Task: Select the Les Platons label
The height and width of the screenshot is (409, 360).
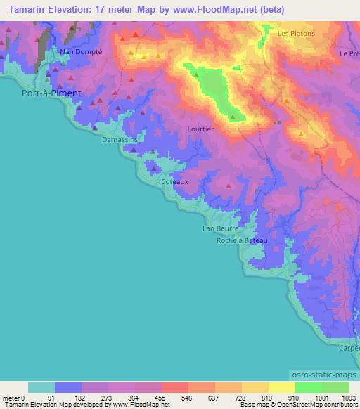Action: tap(296, 33)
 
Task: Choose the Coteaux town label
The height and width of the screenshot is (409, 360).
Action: tap(175, 181)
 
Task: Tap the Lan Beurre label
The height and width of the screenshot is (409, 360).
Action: tap(221, 229)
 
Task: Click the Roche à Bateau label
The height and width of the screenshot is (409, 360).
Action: tap(241, 240)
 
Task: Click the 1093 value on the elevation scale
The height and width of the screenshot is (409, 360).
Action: tap(349, 397)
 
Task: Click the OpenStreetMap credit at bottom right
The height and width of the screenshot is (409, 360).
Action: tap(320, 405)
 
